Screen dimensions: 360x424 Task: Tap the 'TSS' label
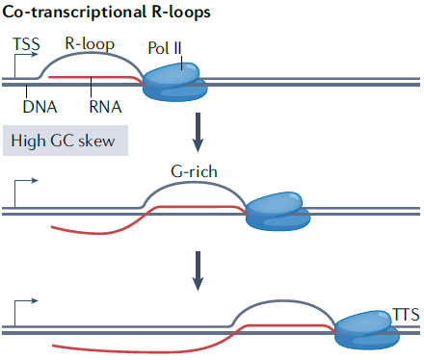[27, 45]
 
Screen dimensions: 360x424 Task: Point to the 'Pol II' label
[170, 47]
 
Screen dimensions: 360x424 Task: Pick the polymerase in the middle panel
[278, 209]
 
